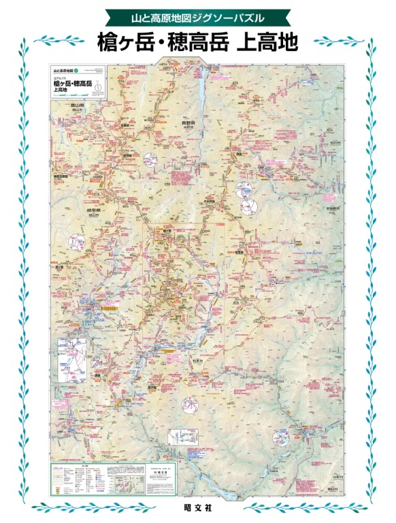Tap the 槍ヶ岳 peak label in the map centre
pos(167,232)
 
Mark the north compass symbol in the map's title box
pos(99,86)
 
